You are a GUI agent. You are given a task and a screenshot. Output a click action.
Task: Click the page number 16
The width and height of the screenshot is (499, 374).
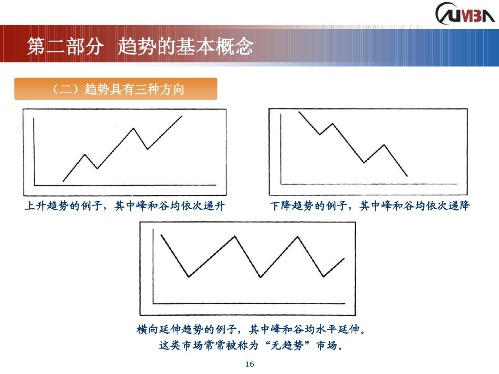249,364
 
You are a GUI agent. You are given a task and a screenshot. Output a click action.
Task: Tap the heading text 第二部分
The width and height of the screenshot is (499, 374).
64,47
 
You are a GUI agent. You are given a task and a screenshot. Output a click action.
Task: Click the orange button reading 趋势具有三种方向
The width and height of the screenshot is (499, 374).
116,89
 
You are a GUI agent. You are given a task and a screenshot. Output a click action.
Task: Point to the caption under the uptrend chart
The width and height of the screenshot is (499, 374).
125,206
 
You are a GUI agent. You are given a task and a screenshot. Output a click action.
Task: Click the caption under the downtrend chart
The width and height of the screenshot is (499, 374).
370,206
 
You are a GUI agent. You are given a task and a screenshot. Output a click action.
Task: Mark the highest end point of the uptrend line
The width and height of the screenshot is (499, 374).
182,116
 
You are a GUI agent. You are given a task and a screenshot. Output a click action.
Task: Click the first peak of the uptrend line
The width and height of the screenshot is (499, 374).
85,154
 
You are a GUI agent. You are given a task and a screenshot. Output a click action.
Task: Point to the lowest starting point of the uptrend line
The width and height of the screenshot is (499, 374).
63,181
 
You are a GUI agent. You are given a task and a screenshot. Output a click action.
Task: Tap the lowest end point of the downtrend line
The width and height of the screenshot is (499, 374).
407,176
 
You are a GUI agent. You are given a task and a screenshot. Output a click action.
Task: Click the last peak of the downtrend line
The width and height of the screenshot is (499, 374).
384,145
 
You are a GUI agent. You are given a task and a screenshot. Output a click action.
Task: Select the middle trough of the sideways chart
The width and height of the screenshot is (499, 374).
261,277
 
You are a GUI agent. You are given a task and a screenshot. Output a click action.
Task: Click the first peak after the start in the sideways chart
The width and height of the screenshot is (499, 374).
235,236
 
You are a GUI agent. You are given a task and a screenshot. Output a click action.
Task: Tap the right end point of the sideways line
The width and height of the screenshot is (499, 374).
344,258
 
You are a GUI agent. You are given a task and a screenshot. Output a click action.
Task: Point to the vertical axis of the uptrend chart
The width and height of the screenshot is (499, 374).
34,150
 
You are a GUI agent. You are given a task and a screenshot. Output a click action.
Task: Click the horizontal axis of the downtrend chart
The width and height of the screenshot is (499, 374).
370,184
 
